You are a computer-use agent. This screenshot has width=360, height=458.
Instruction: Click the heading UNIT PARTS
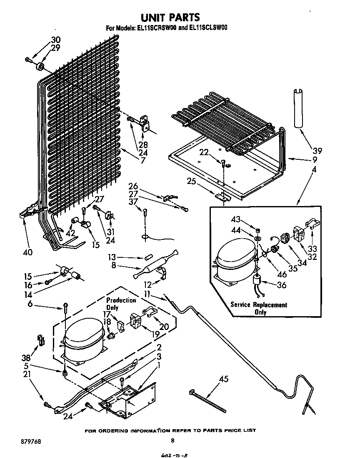170,17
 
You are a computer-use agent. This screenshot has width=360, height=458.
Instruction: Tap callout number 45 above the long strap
224,379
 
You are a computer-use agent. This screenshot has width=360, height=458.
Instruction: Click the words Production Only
121,304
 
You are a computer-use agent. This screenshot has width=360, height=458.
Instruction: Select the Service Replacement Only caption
259,308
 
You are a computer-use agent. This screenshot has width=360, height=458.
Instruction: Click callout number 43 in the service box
236,219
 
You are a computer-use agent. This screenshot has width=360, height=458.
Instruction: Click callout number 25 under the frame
191,181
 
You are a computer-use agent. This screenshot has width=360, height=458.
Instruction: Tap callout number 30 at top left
55,40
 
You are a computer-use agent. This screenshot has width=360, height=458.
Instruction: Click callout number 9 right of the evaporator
315,159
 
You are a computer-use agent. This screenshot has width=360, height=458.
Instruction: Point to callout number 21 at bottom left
27,375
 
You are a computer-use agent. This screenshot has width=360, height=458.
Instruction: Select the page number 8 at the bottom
172,440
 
